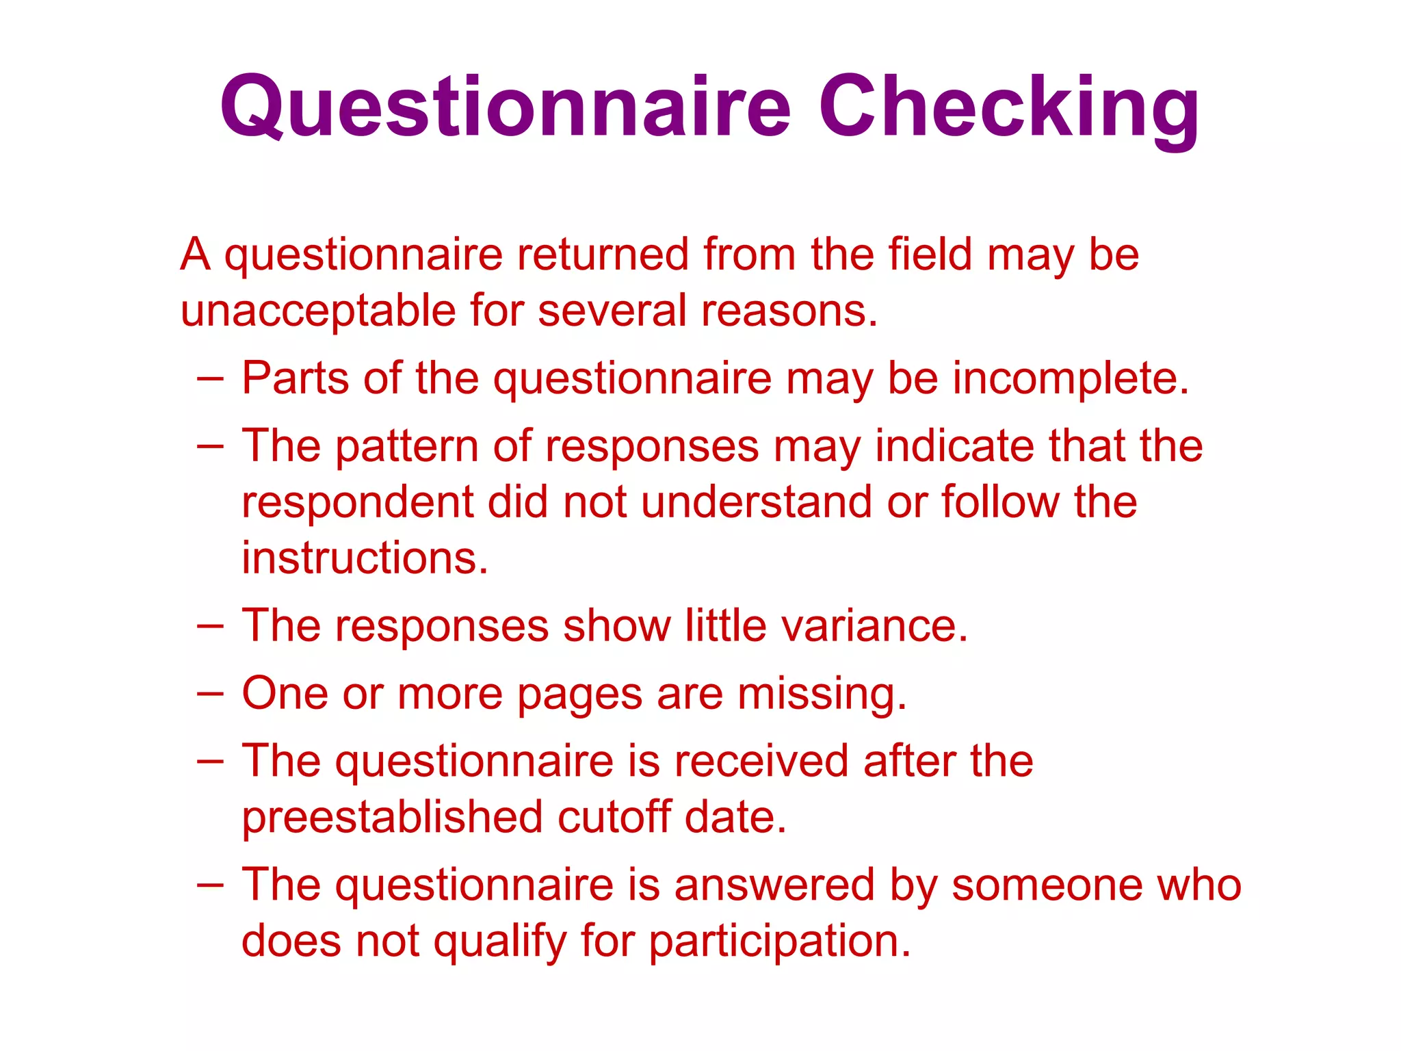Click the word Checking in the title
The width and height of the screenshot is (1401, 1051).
[x=1008, y=107]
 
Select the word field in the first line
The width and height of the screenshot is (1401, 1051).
[x=930, y=255]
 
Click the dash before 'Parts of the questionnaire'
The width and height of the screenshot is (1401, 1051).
[x=209, y=378]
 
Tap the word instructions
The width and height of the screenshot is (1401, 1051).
[x=365, y=558]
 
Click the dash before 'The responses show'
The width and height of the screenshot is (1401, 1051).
[x=209, y=625]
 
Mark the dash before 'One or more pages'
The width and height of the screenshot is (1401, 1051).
[x=209, y=693]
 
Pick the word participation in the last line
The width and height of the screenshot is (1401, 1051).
[x=780, y=942]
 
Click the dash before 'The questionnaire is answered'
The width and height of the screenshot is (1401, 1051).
[x=209, y=884]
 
